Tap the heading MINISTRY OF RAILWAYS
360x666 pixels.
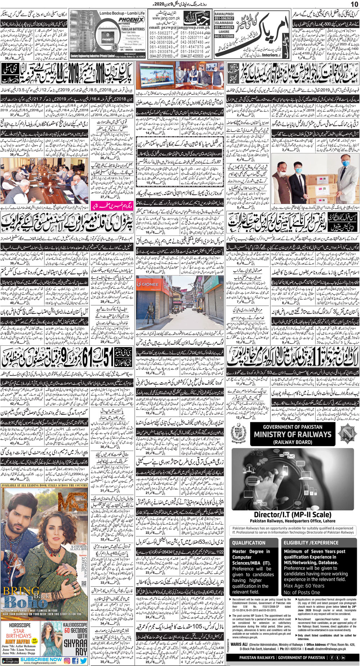tap(292, 434)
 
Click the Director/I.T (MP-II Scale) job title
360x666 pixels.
tap(292, 514)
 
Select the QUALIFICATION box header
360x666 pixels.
tap(248, 542)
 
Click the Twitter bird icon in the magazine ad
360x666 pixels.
tap(83, 661)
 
